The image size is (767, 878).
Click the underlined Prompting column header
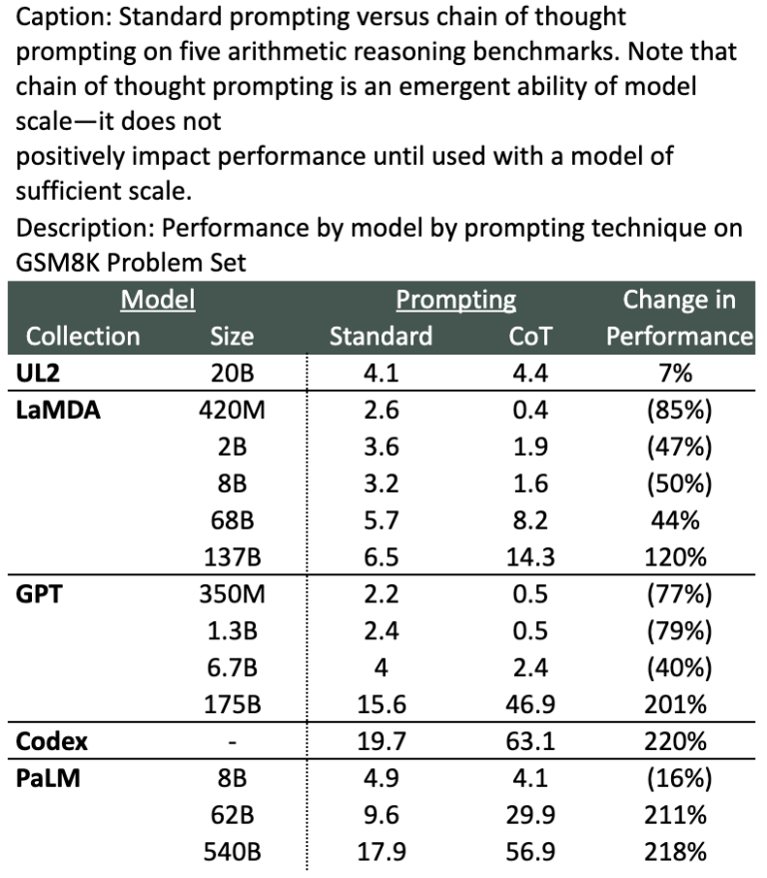click(x=455, y=300)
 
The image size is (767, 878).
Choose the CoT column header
click(x=529, y=337)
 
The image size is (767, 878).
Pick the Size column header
click(x=232, y=337)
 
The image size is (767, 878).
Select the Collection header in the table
click(x=83, y=337)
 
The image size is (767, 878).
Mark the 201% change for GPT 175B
click(x=679, y=703)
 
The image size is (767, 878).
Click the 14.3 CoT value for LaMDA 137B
click(x=529, y=557)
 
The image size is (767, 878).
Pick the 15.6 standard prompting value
click(x=380, y=703)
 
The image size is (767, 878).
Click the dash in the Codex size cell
click(x=232, y=740)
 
